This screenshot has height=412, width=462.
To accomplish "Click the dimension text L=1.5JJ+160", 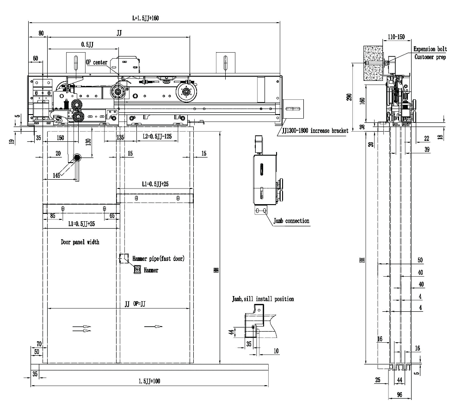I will click(x=146, y=18).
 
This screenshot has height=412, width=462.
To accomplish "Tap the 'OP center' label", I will click(x=97, y=62).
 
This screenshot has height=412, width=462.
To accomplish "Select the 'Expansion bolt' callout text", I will click(x=430, y=49).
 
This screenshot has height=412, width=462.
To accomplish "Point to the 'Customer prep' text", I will click(x=431, y=57).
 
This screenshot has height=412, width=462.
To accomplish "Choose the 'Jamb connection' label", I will click(x=291, y=221).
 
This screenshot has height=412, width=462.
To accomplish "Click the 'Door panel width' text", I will click(x=80, y=242).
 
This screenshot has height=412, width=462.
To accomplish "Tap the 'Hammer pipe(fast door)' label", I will click(x=158, y=259).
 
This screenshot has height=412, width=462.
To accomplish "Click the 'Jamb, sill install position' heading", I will click(x=263, y=299).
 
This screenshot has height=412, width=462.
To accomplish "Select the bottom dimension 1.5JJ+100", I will click(x=149, y=382).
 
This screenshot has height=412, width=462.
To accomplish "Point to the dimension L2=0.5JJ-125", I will click(x=151, y=137).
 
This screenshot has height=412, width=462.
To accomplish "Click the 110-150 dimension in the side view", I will click(x=396, y=36).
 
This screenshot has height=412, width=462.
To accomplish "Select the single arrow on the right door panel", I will click(x=154, y=327).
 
